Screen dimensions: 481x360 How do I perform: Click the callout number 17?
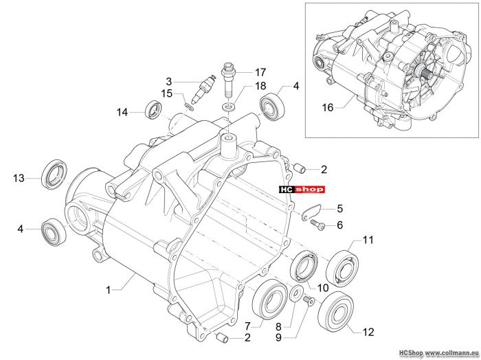260,72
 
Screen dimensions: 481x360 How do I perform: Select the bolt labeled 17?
228,80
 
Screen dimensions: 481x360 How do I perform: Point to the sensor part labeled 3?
203,89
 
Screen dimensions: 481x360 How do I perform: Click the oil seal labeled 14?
154,109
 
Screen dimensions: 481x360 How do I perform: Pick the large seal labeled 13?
54,175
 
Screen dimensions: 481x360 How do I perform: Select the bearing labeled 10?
304,266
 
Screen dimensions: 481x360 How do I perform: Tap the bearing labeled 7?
269,300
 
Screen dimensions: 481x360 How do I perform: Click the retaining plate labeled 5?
311,212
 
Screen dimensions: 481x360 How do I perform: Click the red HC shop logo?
302,190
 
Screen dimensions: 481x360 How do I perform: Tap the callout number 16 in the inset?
328,108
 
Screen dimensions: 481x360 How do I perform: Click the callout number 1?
108,290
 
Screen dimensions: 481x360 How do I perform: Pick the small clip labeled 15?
189,106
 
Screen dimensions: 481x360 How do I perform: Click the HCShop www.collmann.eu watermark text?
438,353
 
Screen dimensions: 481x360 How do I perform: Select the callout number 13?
19,178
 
